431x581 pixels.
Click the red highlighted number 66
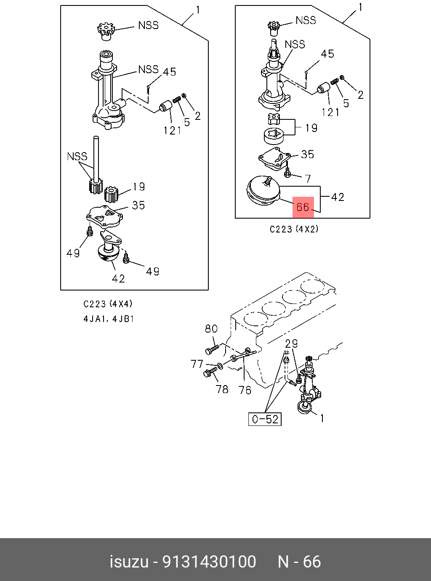[303, 207]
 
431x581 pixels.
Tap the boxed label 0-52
[265, 419]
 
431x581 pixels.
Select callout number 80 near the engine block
[211, 329]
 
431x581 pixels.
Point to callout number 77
[197, 364]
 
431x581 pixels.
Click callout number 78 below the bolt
[222, 389]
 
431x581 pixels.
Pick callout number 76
[245, 390]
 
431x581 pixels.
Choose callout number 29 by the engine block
[291, 343]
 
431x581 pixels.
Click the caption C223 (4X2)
[294, 230]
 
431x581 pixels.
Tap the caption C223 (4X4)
[108, 304]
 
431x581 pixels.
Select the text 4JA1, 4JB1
[109, 319]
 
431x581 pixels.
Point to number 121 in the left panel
[172, 131]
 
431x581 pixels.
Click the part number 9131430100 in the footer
[209, 562]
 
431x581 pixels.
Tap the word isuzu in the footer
[129, 562]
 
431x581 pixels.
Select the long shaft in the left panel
[96, 158]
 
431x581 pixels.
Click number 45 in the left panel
[169, 72]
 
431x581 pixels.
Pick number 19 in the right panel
[311, 128]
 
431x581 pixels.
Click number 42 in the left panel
[118, 278]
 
